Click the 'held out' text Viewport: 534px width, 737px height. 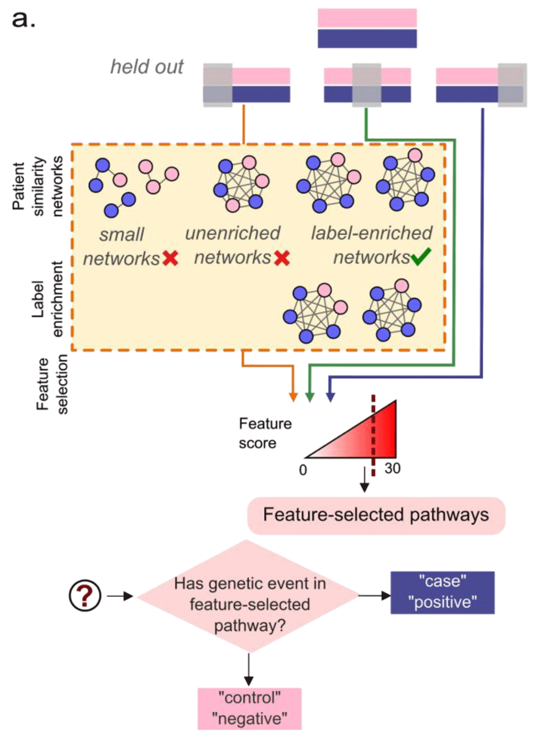(x=146, y=67)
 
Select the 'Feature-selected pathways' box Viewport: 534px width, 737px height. (x=376, y=515)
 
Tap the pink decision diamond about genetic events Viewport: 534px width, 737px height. (x=249, y=598)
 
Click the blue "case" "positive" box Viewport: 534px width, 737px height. (x=442, y=592)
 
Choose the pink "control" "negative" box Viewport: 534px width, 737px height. (x=249, y=708)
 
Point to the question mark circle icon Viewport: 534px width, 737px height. (x=85, y=595)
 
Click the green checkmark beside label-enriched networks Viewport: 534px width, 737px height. (x=421, y=257)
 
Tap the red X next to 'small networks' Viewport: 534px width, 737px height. (x=170, y=259)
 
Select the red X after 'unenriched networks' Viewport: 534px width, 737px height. (x=282, y=258)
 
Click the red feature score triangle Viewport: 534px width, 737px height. (x=368, y=438)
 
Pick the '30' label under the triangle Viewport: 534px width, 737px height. (x=392, y=469)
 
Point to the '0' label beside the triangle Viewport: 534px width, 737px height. (x=303, y=470)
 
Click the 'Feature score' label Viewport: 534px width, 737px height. (x=265, y=433)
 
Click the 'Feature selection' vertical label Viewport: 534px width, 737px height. (x=52, y=384)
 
